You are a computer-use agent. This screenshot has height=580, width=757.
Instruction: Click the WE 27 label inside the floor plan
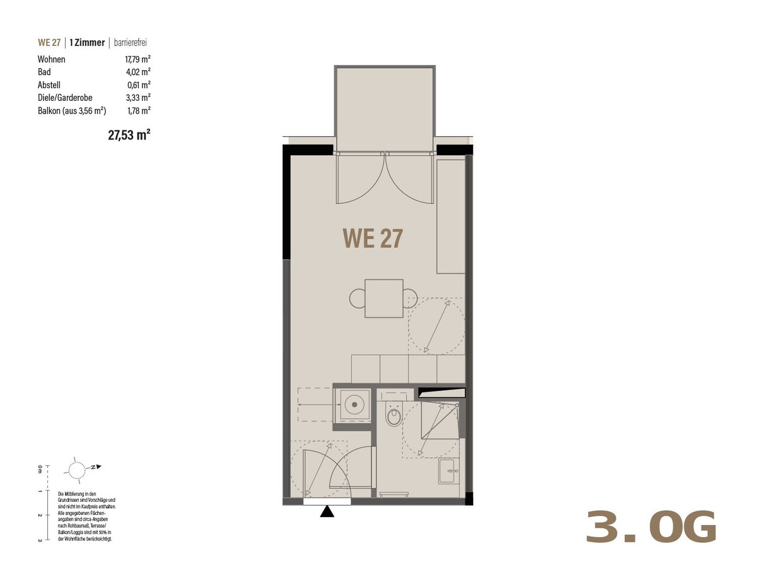coord(372,238)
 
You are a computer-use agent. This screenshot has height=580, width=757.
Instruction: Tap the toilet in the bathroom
coord(394,415)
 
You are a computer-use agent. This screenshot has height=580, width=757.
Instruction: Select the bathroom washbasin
coord(449,472)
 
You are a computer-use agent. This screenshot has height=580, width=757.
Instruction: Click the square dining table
coord(384,298)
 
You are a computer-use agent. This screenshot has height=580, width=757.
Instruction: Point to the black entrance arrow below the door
coord(327,511)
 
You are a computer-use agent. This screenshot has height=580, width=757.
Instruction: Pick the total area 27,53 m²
coord(129,135)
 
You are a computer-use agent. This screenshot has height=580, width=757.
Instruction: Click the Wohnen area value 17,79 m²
coord(138,59)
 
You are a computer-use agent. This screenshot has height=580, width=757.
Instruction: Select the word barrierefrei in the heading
coord(131,42)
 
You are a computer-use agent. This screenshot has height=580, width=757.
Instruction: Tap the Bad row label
coord(44,72)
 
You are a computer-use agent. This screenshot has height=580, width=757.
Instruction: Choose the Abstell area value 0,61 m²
coord(139,85)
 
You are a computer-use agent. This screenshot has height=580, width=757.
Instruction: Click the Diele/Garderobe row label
coord(65,98)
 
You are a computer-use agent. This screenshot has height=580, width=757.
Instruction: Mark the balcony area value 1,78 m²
coord(139,111)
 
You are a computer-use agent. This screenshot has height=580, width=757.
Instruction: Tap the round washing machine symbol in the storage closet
coord(355,405)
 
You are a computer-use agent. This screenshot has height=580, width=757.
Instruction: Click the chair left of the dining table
coord(357,298)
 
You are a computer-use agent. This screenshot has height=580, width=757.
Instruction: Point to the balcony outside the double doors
coord(385,108)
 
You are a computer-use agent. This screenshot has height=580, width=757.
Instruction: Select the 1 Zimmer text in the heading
coord(87,42)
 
